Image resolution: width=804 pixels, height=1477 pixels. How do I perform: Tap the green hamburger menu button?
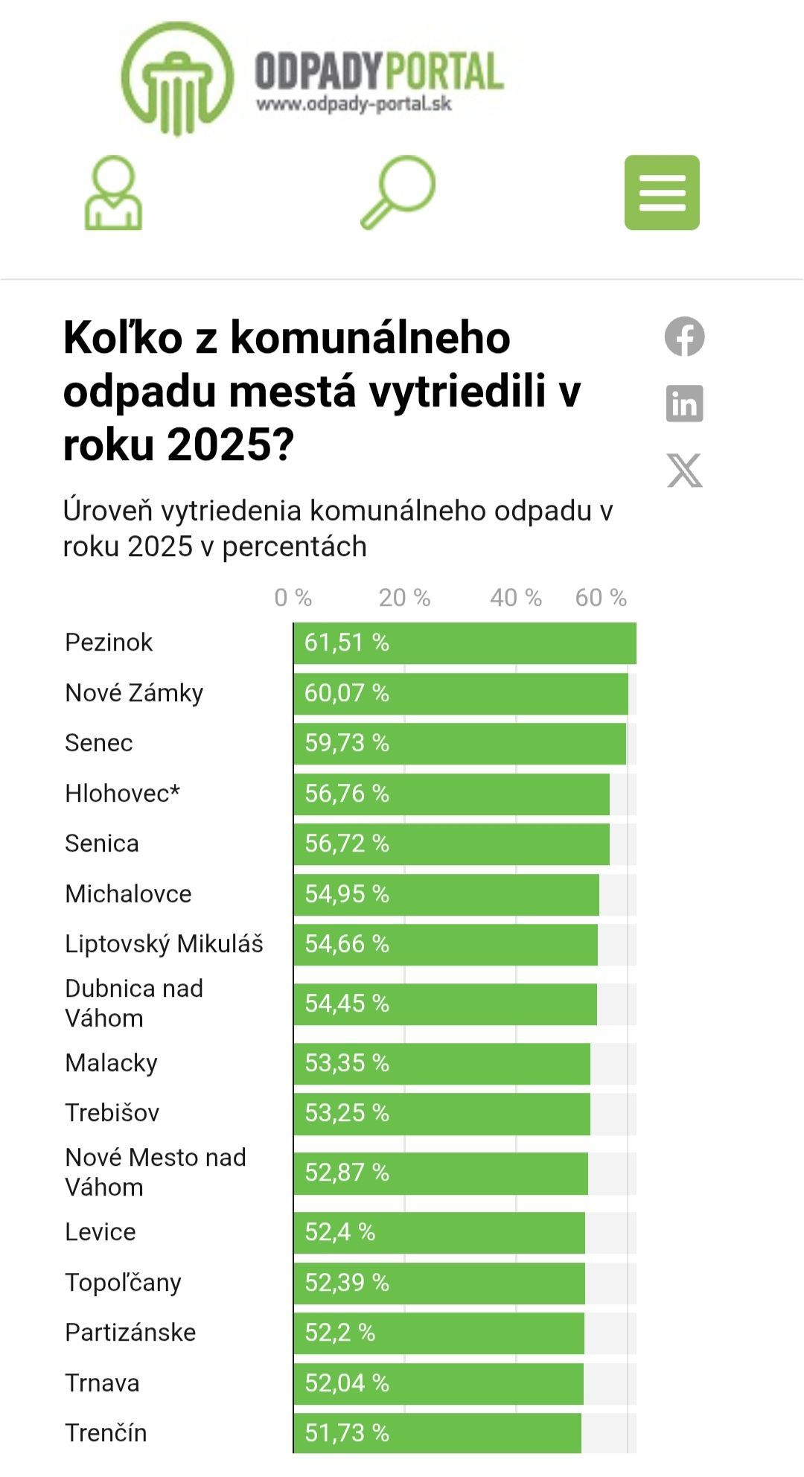click(x=662, y=193)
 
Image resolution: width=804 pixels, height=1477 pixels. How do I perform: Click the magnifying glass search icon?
click(x=398, y=191)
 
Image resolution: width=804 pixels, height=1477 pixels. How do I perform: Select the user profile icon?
click(x=113, y=193)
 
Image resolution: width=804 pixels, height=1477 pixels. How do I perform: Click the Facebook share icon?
click(x=684, y=336)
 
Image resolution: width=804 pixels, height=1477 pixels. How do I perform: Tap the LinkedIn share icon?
click(x=684, y=403)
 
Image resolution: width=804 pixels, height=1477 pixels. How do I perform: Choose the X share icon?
click(x=684, y=470)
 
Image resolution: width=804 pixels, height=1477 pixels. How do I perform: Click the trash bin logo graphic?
click(x=177, y=78)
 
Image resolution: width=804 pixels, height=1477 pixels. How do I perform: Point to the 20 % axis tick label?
click(x=404, y=598)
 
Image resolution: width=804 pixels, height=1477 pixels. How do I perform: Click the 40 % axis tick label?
click(x=515, y=598)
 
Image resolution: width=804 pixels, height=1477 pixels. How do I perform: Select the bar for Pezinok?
click(x=465, y=643)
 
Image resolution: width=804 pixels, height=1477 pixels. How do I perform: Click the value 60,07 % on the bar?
click(x=347, y=693)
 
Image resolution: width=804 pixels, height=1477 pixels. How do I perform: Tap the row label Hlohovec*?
click(x=123, y=794)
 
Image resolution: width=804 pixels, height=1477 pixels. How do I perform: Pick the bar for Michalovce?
click(x=446, y=894)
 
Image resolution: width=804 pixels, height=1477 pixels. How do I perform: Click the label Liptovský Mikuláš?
click(x=164, y=944)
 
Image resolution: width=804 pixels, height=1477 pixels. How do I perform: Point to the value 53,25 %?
click(x=347, y=1113)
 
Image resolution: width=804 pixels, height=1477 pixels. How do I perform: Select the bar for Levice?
click(x=439, y=1233)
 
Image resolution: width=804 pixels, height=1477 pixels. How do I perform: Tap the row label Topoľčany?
click(x=123, y=1283)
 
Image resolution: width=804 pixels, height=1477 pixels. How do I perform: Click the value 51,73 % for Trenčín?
click(x=347, y=1433)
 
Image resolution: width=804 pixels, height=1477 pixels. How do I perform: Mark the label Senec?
click(x=99, y=743)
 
